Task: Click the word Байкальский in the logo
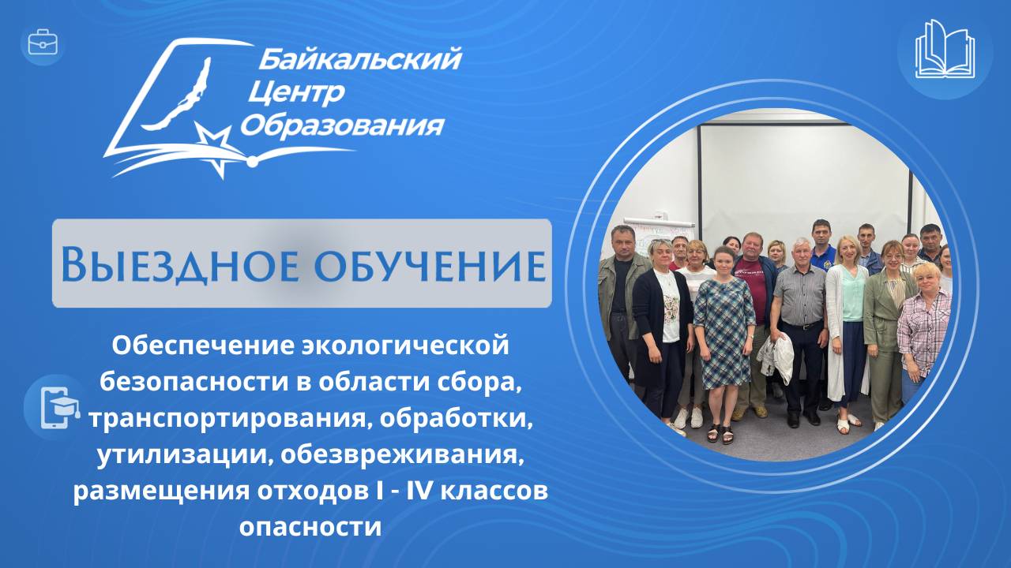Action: point(359,58)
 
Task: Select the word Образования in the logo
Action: point(341,125)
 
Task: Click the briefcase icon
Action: point(43,43)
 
